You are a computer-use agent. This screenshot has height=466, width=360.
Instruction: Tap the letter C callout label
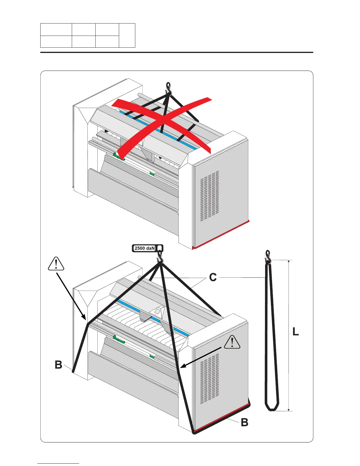(x=213, y=277)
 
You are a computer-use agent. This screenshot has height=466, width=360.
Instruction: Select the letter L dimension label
(x=296, y=332)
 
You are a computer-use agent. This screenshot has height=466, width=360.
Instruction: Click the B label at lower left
(x=59, y=365)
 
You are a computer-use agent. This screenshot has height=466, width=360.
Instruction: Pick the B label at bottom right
(x=244, y=422)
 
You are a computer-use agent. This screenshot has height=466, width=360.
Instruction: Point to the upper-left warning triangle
(x=56, y=264)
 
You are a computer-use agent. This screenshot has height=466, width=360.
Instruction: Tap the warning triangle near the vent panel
(x=232, y=342)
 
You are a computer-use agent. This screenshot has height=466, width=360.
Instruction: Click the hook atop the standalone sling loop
(x=268, y=257)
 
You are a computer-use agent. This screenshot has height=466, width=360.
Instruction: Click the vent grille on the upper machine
(x=209, y=196)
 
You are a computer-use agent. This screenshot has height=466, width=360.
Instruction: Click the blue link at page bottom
(x=58, y=464)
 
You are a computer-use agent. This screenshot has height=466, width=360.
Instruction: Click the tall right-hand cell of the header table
(x=127, y=35)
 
